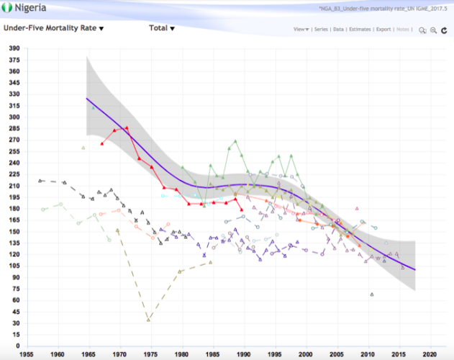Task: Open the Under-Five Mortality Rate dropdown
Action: pyautogui.click(x=54, y=29)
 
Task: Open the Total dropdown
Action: pyautogui.click(x=162, y=29)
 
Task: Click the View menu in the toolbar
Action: pyautogui.click(x=301, y=30)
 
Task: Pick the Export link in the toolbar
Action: pyautogui.click(x=383, y=30)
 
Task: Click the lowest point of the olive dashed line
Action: pyautogui.click(x=149, y=320)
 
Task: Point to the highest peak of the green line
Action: pyautogui.click(x=235, y=141)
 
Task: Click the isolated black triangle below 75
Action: pyautogui.click(x=371, y=294)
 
